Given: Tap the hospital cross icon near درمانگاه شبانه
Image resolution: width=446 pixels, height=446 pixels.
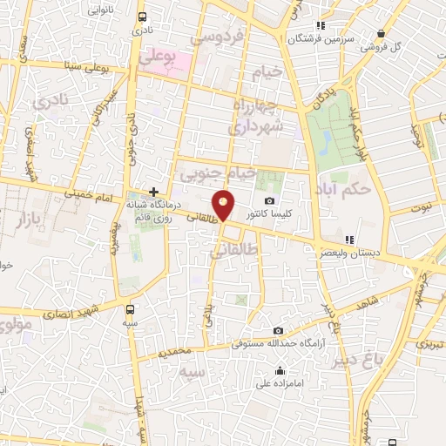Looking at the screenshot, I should pos(153,192).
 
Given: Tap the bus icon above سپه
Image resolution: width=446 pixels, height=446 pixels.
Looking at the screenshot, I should pos(131,308).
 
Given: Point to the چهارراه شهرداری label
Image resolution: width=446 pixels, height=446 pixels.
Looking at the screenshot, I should pos(248,116).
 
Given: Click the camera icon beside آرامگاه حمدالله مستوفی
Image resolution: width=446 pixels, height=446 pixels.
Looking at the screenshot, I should pos(278,331).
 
